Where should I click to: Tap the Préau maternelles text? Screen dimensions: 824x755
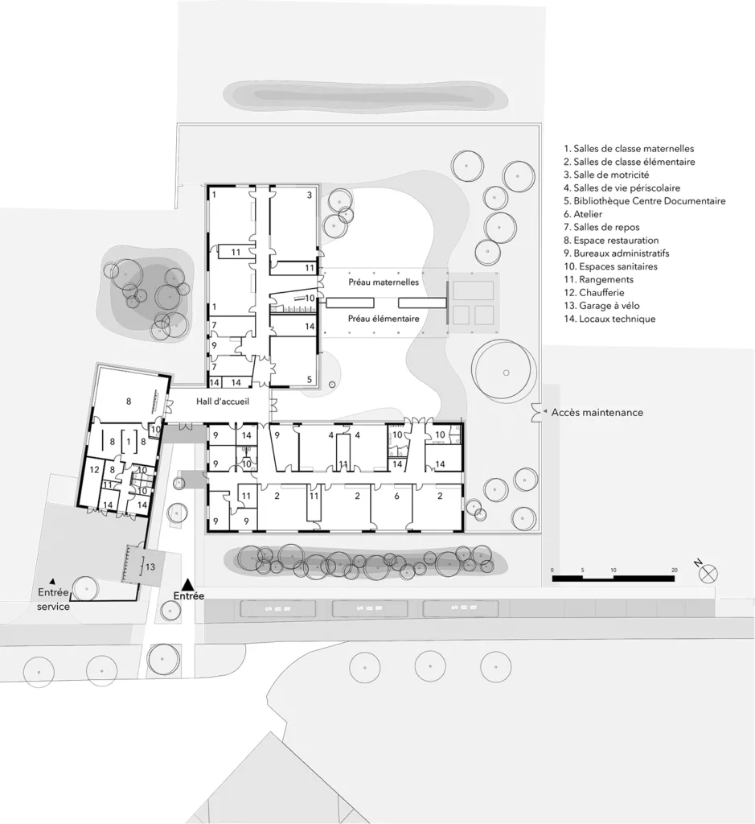click(384, 282)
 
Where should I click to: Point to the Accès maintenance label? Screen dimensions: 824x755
click(597, 412)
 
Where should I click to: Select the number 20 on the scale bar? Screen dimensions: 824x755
click(674, 570)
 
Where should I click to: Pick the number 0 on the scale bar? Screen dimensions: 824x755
click(552, 570)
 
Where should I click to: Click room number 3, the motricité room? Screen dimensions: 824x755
click(309, 196)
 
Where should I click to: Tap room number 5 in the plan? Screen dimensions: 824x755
click(309, 379)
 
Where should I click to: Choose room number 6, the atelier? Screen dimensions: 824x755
click(396, 496)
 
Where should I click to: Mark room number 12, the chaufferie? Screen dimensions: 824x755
click(94, 469)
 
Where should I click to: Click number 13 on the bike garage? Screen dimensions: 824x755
click(150, 566)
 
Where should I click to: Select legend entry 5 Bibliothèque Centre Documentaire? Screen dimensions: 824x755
click(644, 201)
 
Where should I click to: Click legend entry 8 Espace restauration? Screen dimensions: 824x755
click(611, 241)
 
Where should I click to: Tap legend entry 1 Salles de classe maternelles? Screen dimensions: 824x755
click(629, 149)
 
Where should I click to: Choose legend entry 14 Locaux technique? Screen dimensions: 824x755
click(609, 319)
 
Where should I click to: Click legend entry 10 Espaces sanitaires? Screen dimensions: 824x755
click(610, 266)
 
